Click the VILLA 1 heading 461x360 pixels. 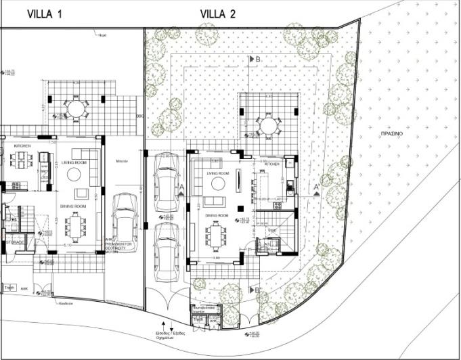coord(45,13)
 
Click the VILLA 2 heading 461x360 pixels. coord(218,13)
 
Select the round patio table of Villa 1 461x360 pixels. coord(75,108)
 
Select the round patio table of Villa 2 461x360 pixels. coord(268,125)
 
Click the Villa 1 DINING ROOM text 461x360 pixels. coord(74,206)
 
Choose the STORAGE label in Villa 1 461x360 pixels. coord(14,242)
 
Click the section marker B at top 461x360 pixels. coord(257,59)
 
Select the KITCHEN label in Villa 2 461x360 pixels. coord(271,164)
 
